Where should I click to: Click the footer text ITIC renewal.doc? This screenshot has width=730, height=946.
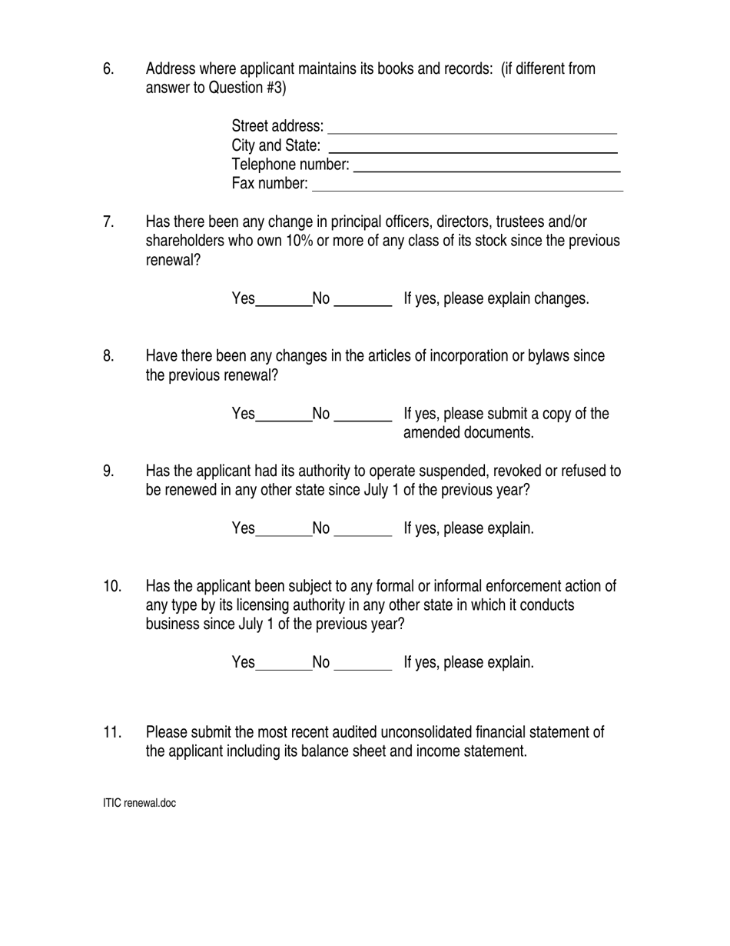point(139,803)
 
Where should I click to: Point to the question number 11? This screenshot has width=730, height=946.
point(112,732)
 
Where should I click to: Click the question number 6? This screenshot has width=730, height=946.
point(108,69)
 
